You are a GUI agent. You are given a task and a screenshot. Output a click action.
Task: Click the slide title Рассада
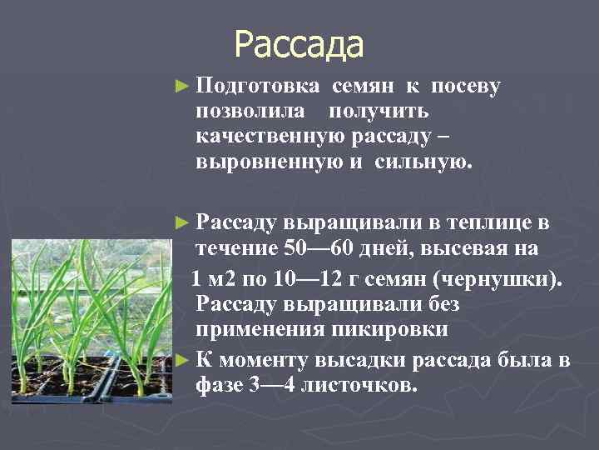pos(299,45)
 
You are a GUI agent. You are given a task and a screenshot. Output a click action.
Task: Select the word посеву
pos(465,87)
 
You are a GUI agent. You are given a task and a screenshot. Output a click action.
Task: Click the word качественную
pos(269,135)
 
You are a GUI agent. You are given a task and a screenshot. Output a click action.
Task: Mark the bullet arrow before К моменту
pos(185,360)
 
